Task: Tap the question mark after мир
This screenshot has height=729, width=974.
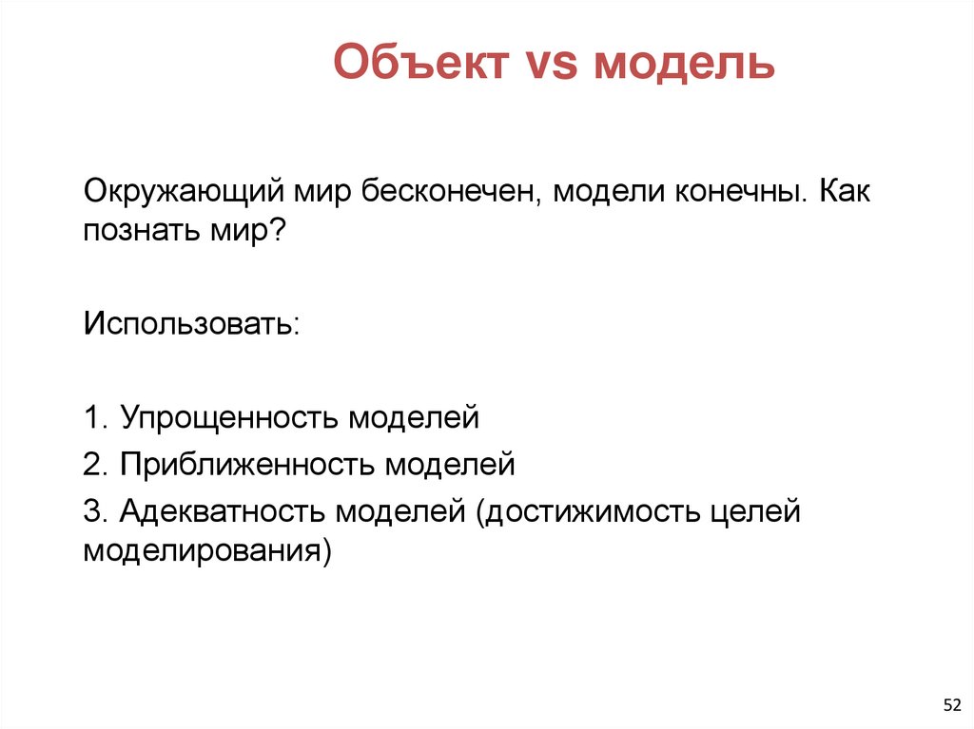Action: click(x=279, y=230)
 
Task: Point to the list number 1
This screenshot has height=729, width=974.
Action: click(x=92, y=418)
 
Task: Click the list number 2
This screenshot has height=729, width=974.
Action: click(x=92, y=465)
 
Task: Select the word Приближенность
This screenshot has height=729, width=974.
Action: click(x=248, y=466)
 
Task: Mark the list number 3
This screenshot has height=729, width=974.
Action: click(x=92, y=511)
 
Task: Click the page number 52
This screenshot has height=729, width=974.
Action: click(x=951, y=704)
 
